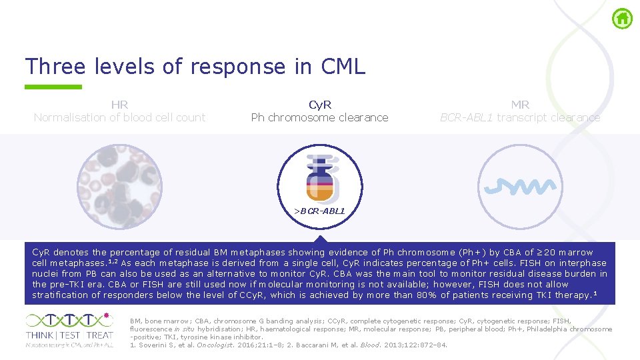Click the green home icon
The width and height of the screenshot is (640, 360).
coord(622,19)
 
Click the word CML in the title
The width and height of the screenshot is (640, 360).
coord(343,67)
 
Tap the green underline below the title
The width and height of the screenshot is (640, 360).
coord(53,87)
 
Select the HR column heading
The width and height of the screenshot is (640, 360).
coord(119,105)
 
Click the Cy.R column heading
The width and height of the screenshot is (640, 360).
coord(320,105)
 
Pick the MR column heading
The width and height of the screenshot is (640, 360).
coord(520,105)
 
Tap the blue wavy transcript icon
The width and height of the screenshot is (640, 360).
coord(521,186)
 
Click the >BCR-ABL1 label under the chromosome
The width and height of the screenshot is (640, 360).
coord(320,211)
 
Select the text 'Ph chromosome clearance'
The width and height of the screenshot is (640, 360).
coord(319,117)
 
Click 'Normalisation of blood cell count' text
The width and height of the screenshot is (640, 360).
coord(119,117)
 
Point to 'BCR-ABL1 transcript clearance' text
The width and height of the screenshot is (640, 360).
coord(520,117)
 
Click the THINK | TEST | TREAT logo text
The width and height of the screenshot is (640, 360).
coord(69,335)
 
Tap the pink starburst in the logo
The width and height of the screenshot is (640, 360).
coord(107,317)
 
